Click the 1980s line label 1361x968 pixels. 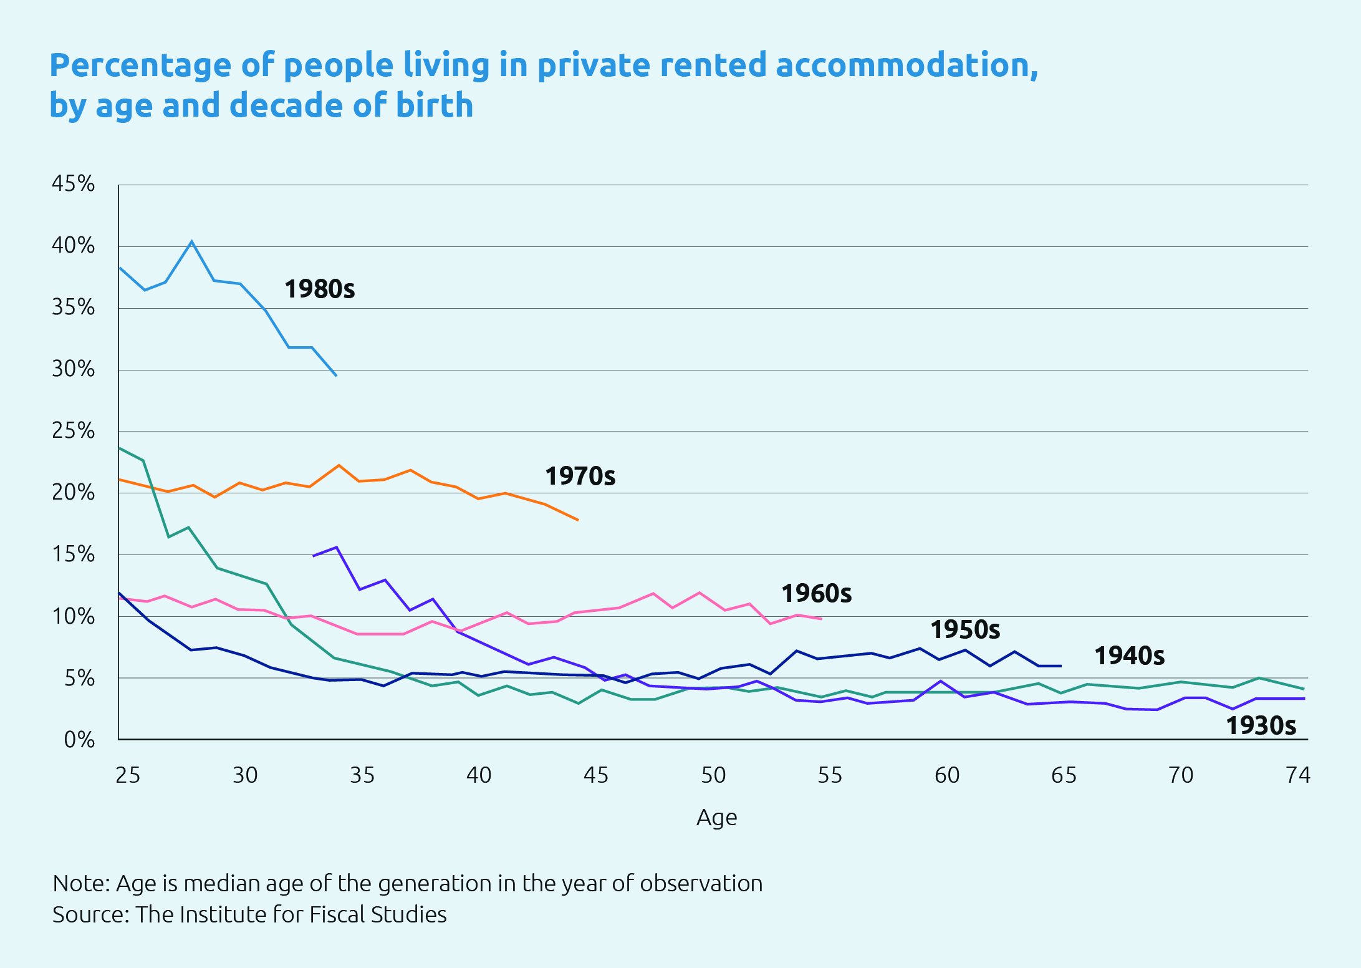[x=319, y=289]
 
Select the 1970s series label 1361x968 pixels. [x=580, y=477]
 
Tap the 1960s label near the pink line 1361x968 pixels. [x=816, y=594]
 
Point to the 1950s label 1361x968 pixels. [x=964, y=630]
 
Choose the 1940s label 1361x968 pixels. [x=1129, y=656]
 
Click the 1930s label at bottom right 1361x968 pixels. [x=1261, y=726]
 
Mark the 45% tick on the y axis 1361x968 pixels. [x=73, y=184]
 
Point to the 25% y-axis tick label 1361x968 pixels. [x=73, y=431]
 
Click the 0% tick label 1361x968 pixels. [x=79, y=740]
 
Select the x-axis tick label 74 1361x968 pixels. [x=1298, y=775]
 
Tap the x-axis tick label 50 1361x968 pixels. [x=713, y=775]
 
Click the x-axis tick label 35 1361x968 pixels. [x=362, y=775]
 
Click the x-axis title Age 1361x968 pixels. [x=716, y=817]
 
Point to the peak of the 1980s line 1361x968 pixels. [x=191, y=241]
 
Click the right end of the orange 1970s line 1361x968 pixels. [x=578, y=520]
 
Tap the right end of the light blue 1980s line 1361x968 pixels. [x=336, y=375]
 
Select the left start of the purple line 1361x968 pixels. [x=313, y=556]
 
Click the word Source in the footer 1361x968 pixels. [x=90, y=915]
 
